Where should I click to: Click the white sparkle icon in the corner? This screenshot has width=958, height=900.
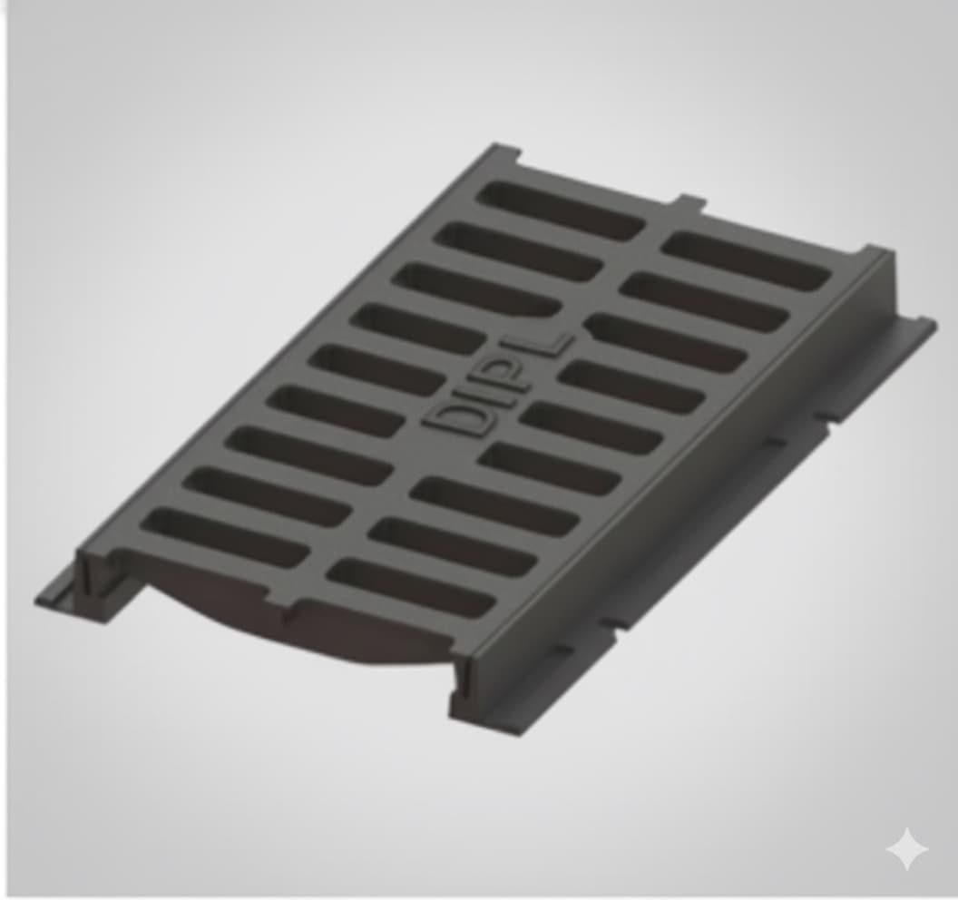click(906, 850)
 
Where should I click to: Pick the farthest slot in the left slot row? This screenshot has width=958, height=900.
click(561, 210)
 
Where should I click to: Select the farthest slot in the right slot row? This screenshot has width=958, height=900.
click(746, 261)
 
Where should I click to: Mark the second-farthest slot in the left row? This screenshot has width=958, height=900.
click(518, 251)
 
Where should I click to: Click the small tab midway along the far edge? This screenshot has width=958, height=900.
click(689, 201)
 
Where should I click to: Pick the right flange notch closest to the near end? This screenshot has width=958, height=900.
click(562, 650)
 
